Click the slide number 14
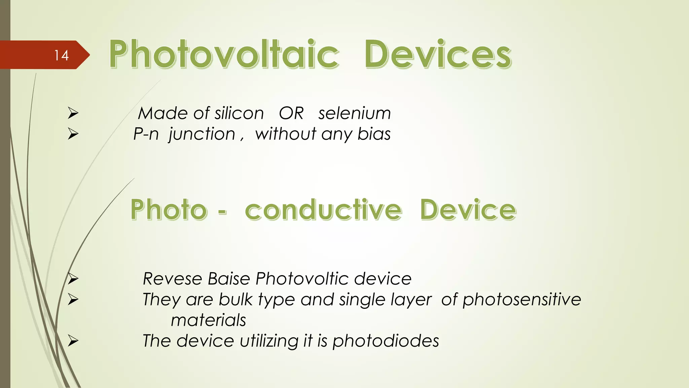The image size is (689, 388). (62, 55)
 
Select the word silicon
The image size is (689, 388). (239, 113)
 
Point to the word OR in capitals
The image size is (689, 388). (291, 113)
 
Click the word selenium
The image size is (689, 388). (355, 113)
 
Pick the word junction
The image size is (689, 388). (202, 134)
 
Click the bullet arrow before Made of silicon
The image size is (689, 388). (73, 113)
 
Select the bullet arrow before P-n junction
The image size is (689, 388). (73, 134)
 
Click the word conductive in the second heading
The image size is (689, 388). (323, 210)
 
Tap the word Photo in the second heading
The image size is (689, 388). (169, 210)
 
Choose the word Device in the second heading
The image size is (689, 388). (468, 210)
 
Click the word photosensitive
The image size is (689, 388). (522, 299)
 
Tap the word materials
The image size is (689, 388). (209, 320)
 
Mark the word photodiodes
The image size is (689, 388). (386, 341)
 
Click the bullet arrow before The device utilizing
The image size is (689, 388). (73, 341)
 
